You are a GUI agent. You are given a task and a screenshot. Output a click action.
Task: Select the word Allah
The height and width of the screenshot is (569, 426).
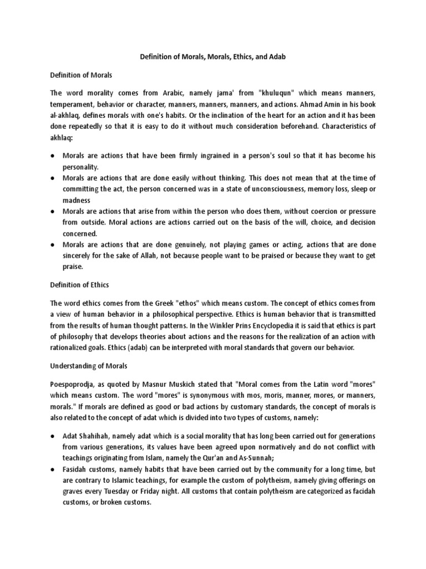[147, 256]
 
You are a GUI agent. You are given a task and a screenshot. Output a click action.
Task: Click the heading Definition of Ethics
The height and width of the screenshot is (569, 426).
[79, 285]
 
